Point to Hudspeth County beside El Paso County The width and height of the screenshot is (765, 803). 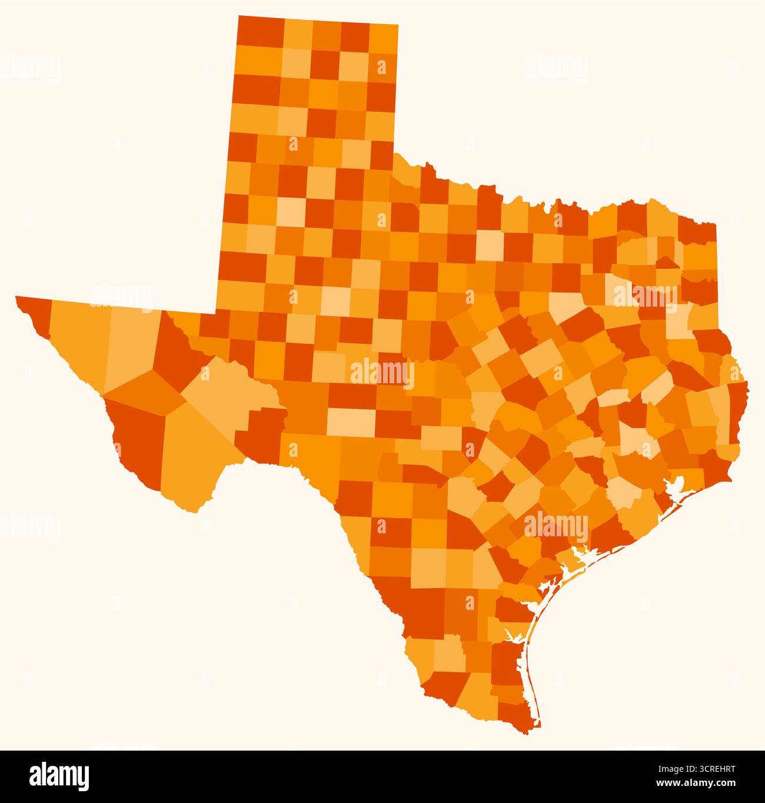coord(76,341)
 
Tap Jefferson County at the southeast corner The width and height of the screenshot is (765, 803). coord(715,465)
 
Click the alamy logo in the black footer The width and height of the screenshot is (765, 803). coord(59,776)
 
